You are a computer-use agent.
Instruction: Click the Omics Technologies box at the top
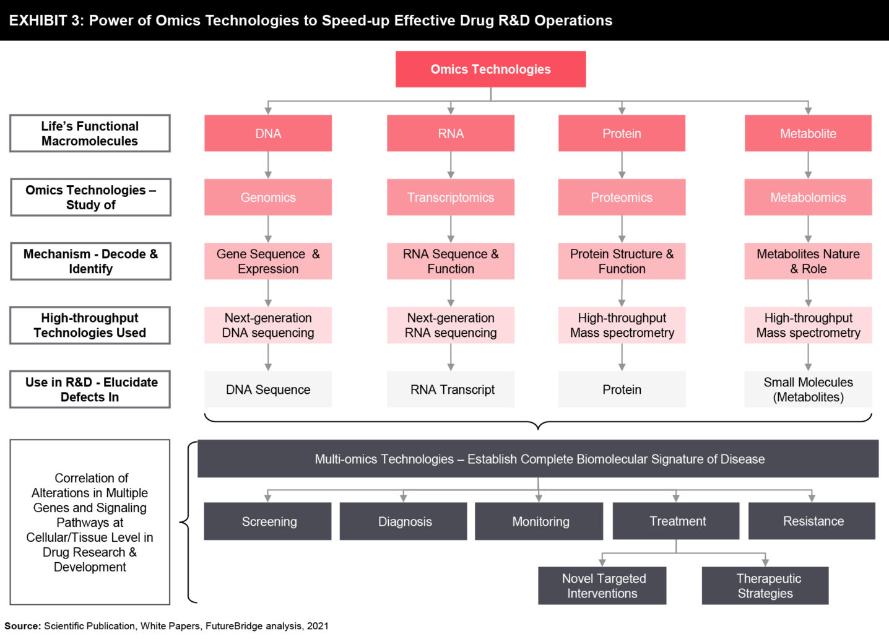pyautogui.click(x=490, y=69)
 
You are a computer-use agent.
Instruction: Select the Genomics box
pyautogui.click(x=268, y=198)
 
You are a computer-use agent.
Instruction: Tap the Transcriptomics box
pyautogui.click(x=451, y=198)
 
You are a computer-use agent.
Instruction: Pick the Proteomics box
pyautogui.click(x=622, y=198)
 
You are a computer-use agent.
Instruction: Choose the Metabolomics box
pyautogui.click(x=808, y=198)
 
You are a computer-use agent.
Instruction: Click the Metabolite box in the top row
pyautogui.click(x=808, y=133)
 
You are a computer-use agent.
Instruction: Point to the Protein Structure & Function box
pyautogui.click(x=622, y=261)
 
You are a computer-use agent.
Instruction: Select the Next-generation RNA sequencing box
pyautogui.click(x=451, y=325)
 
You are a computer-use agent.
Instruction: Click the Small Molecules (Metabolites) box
pyautogui.click(x=808, y=389)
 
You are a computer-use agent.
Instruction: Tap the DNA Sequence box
pyautogui.click(x=268, y=389)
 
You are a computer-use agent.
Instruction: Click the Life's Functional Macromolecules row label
pyautogui.click(x=90, y=133)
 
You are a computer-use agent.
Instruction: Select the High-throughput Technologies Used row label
pyautogui.click(x=90, y=325)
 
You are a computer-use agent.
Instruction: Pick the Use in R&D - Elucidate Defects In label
pyautogui.click(x=90, y=389)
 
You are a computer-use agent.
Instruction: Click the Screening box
pyautogui.click(x=268, y=521)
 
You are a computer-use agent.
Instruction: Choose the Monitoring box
pyautogui.click(x=539, y=521)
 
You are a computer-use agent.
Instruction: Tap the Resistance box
pyautogui.click(x=812, y=521)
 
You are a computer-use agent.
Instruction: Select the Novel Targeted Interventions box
pyautogui.click(x=602, y=586)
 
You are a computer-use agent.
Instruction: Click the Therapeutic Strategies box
pyautogui.click(x=765, y=586)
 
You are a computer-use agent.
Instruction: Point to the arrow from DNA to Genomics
pyautogui.click(x=268, y=165)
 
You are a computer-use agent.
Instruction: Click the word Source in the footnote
pyautogui.click(x=22, y=626)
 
